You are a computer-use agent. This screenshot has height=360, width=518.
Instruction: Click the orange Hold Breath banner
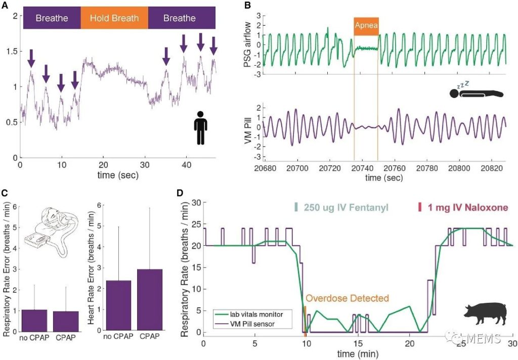(x=114, y=18)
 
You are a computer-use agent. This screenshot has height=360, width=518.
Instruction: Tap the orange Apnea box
(x=366, y=26)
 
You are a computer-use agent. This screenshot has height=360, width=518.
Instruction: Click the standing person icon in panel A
(x=201, y=128)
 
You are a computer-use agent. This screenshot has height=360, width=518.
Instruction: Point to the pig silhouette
(x=485, y=314)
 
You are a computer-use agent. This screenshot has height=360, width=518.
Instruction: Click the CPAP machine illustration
(x=51, y=233)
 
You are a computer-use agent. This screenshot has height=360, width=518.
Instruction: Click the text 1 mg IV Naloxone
(x=462, y=207)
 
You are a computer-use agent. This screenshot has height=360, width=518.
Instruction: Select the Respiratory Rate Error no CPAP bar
(x=34, y=320)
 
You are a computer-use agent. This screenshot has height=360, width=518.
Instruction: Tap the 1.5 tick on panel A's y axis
(x=11, y=51)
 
